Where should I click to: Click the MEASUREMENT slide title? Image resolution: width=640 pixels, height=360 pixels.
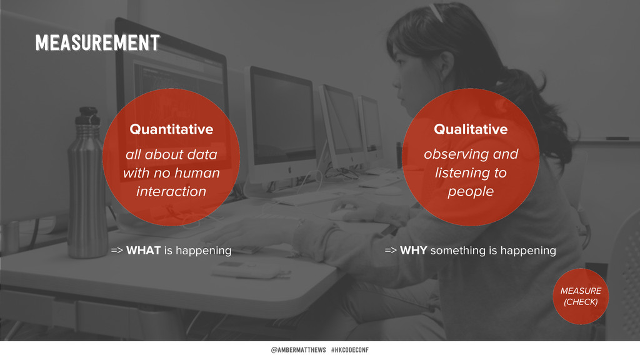pyautogui.click(x=97, y=43)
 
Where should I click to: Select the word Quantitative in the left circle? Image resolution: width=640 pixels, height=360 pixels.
pyautogui.click(x=171, y=129)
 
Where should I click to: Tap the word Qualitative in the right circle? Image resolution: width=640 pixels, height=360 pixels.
pyautogui.click(x=471, y=129)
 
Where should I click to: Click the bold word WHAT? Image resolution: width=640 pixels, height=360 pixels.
pyautogui.click(x=143, y=250)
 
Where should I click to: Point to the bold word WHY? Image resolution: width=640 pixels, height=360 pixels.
pyautogui.click(x=414, y=250)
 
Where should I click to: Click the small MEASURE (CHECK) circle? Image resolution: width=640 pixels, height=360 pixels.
pyautogui.click(x=581, y=296)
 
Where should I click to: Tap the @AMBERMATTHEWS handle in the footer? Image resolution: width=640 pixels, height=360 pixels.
pyautogui.click(x=298, y=350)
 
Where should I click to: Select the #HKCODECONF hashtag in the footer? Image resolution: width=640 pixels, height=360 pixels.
pyautogui.click(x=350, y=350)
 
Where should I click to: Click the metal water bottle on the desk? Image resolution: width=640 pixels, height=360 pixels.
pyautogui.click(x=87, y=183)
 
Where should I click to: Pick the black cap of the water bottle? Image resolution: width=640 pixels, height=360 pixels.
pyautogui.click(x=88, y=116)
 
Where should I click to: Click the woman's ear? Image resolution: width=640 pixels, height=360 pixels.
pyautogui.click(x=446, y=65)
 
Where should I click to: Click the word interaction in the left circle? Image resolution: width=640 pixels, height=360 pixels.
pyautogui.click(x=171, y=191)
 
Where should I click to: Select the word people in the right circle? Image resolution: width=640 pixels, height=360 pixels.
pyautogui.click(x=471, y=192)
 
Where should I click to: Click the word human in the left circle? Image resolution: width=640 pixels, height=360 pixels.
pyautogui.click(x=197, y=173)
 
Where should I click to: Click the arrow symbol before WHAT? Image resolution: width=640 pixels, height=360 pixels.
pyautogui.click(x=117, y=251)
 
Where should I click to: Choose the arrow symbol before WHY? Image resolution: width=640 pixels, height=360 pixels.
pyautogui.click(x=391, y=251)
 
